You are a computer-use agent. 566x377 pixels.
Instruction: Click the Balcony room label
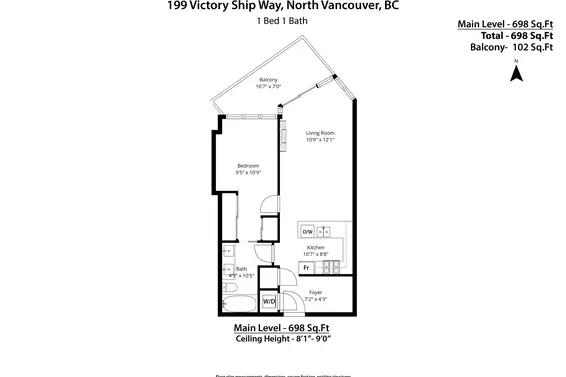pyautogui.click(x=268, y=79)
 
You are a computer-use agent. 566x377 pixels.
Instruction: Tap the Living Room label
pyautogui.click(x=320, y=132)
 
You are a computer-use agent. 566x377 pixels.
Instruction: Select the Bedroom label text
pyautogui.click(x=248, y=165)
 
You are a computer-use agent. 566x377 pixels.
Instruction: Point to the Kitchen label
pyautogui.click(x=316, y=247)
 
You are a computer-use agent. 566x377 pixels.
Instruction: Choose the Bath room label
pyautogui.click(x=241, y=268)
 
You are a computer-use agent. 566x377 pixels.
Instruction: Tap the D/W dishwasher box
pyautogui.click(x=308, y=231)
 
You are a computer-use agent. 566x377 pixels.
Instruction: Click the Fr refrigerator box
pyautogui.click(x=307, y=267)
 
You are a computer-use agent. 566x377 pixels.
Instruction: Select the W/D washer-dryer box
pyautogui.click(x=269, y=301)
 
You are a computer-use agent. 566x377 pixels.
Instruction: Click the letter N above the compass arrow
pyautogui.click(x=516, y=62)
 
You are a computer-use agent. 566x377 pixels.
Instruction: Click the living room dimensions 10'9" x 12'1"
pyautogui.click(x=320, y=140)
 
